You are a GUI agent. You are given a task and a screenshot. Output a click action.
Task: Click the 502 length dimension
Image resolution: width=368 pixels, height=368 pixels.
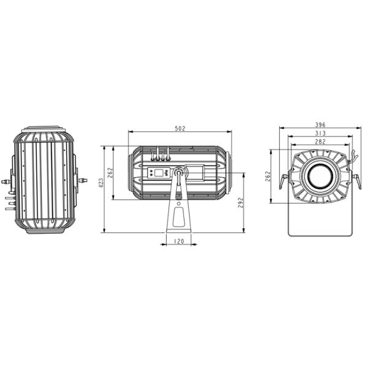180,128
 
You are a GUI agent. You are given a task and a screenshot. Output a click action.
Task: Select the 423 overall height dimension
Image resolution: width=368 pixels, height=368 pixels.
101,183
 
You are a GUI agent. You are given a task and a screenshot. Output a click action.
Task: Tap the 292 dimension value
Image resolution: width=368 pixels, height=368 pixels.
241,202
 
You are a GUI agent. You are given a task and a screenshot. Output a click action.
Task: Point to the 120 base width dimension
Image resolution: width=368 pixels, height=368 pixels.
179,241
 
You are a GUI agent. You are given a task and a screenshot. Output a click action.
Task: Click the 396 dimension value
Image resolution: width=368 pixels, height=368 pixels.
320,125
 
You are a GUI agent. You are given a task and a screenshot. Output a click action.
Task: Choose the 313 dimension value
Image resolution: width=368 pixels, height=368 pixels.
320,133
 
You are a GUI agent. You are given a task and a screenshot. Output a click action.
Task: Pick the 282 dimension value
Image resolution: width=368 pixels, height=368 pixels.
320,142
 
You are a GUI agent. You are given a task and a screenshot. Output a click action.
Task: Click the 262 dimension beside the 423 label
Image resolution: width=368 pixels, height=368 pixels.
110,173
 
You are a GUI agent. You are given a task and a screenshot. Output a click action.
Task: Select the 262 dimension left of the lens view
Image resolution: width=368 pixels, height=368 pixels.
268,176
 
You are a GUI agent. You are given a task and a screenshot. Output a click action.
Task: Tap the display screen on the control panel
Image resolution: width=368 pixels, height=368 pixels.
159,173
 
